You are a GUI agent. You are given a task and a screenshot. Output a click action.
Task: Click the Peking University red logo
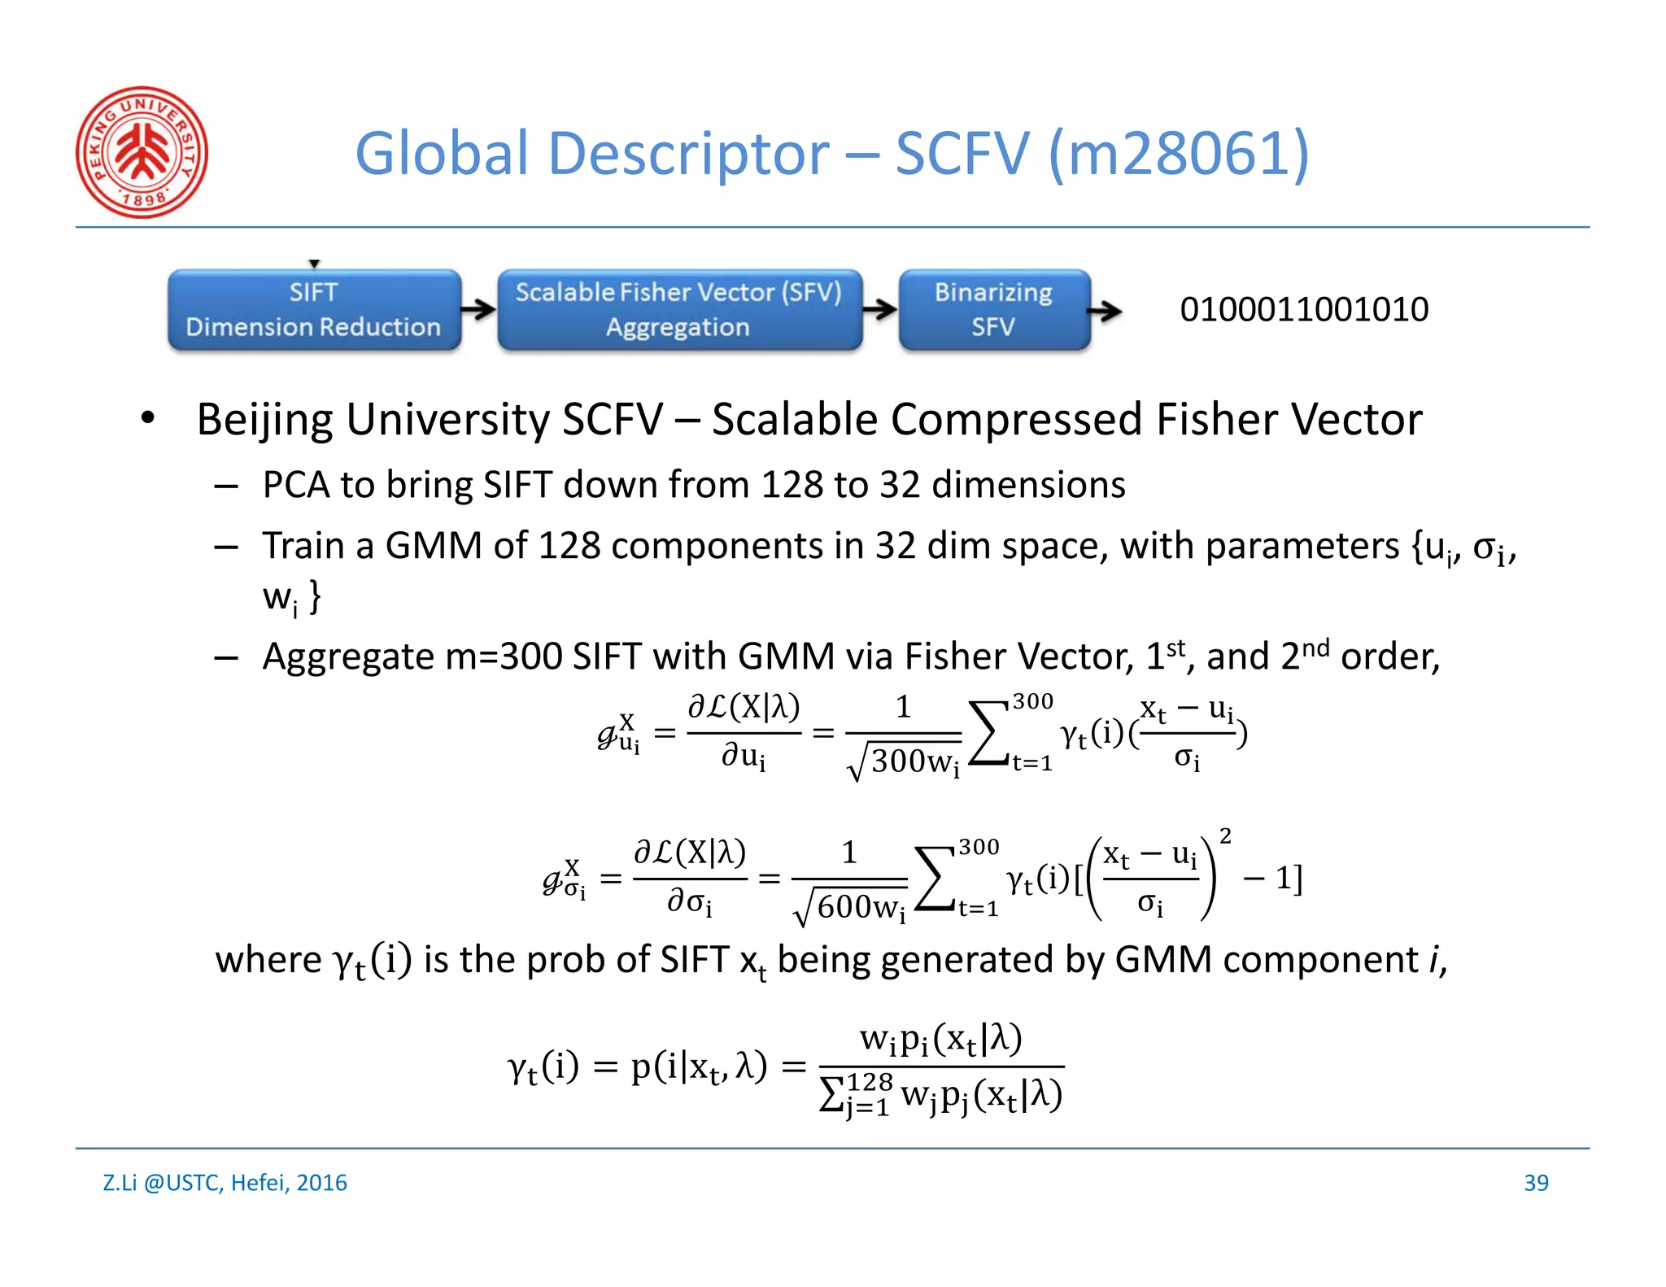pos(142,152)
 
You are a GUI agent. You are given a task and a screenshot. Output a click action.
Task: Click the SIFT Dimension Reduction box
pos(314,310)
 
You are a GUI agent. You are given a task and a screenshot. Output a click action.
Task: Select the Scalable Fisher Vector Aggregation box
pos(679,310)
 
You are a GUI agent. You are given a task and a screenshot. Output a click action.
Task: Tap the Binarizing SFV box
pos(993,310)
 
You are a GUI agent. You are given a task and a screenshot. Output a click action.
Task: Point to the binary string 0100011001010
pos(1304,310)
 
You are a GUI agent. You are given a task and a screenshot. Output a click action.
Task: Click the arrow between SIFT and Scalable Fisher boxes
pos(479,309)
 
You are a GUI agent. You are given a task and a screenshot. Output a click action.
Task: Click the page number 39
pos(1536,1183)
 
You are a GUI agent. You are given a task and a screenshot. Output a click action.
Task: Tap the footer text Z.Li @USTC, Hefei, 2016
pos(225,1183)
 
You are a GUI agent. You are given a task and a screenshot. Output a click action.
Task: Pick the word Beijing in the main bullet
pos(264,421)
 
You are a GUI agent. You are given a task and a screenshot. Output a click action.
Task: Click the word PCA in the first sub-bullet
pos(295,485)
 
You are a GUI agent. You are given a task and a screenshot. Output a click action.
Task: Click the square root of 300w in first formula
pos(904,761)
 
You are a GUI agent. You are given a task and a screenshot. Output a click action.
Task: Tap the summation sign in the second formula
pos(935,879)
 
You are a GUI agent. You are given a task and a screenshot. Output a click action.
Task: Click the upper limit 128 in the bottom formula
pos(870,1082)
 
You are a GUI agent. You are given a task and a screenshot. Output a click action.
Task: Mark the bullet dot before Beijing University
pos(147,419)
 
